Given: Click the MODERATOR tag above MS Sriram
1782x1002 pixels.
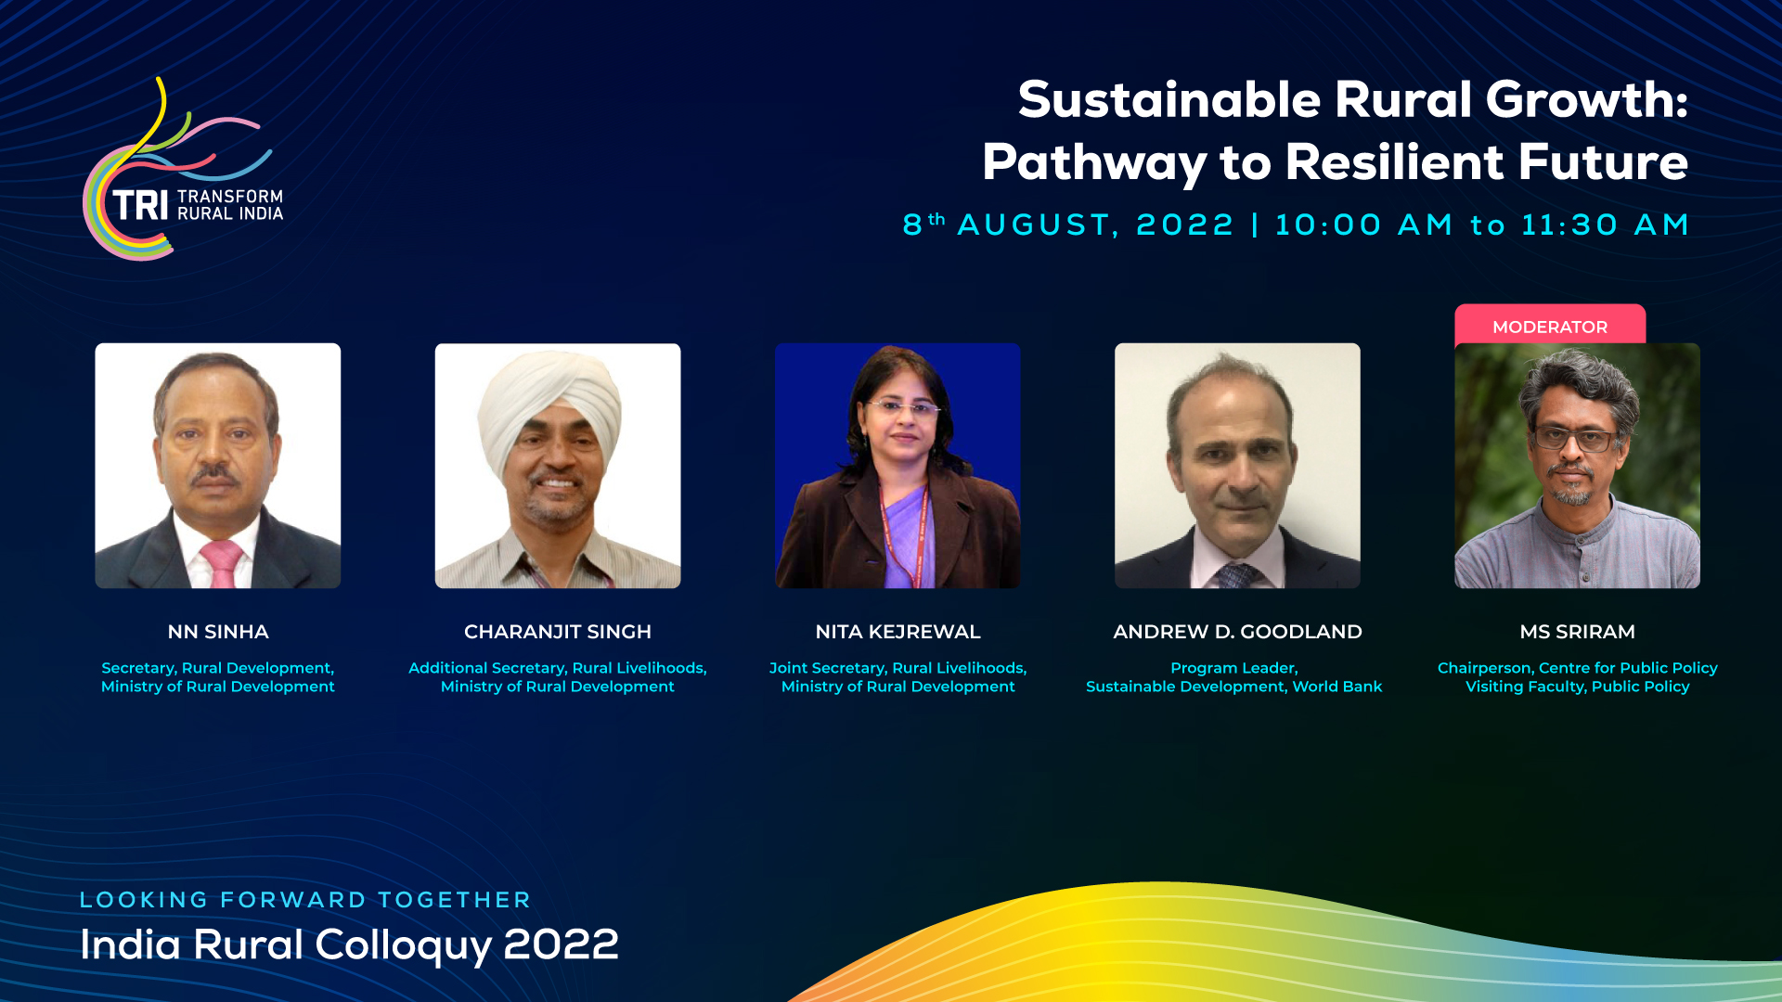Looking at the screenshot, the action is point(1550,326).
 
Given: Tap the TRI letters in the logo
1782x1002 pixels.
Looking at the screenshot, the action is point(140,206).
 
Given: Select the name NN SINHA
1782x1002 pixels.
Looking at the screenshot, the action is point(218,632).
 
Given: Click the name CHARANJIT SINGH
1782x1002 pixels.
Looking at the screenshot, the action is point(558,632).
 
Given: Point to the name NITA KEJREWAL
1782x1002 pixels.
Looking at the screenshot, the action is point(897,632).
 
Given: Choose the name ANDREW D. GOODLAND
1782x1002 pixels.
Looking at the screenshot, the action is point(1237,632).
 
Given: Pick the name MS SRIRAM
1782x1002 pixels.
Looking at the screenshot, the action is point(1577,632).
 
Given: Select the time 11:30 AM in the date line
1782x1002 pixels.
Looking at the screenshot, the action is point(1605,225).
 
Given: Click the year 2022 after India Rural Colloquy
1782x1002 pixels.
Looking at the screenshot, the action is point(561,945).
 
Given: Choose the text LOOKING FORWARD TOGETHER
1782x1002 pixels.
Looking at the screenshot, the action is point(305,900).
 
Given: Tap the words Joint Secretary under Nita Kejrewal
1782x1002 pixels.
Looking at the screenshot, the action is point(827,668).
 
